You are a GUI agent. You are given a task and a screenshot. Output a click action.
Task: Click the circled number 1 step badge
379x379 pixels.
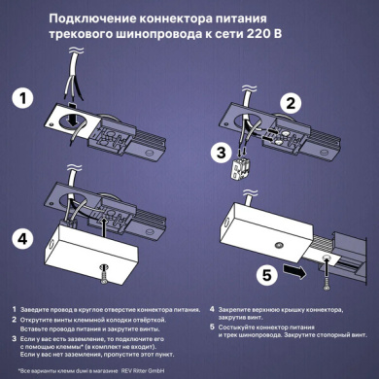tap(29, 97)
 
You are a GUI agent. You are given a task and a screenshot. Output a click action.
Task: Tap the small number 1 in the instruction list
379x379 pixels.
tap(14, 308)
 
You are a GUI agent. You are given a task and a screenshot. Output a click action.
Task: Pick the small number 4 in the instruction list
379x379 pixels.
tap(199, 308)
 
